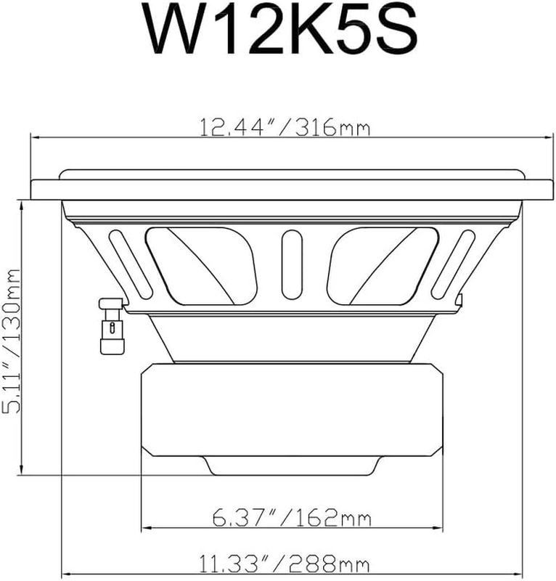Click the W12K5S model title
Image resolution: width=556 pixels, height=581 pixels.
[x=282, y=30]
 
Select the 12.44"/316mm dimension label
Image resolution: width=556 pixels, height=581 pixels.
[x=285, y=127]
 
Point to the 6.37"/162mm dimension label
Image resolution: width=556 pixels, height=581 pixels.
[x=292, y=517]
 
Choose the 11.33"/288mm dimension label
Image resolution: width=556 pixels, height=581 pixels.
[x=284, y=564]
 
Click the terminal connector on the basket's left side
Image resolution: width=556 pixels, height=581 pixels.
[x=112, y=326]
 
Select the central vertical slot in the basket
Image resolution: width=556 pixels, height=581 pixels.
[x=292, y=264]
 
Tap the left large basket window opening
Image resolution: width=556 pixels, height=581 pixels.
[x=201, y=266]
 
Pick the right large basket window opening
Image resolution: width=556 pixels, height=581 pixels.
[x=383, y=266]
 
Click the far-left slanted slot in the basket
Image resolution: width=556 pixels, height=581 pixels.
[x=131, y=264]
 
